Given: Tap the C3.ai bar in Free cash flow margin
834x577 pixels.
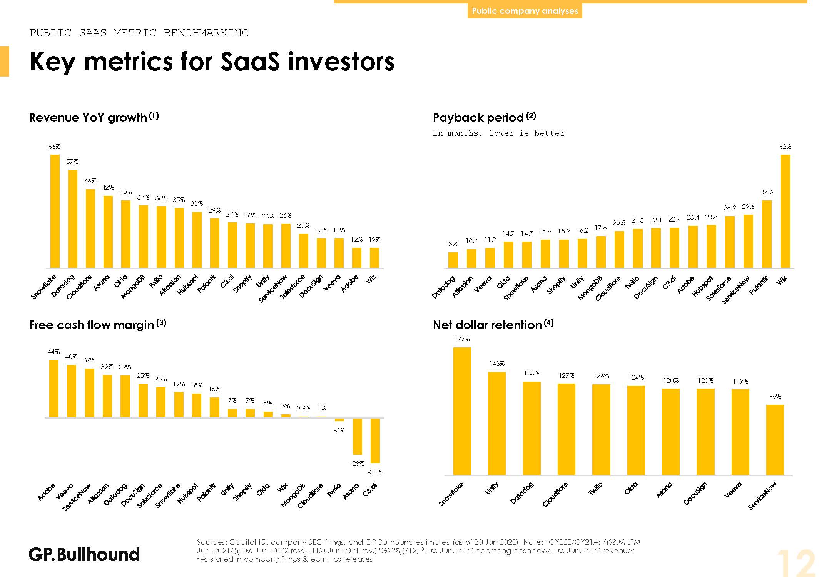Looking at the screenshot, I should pyautogui.click(x=375, y=440).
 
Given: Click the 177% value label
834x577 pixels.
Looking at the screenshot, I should pyautogui.click(x=462, y=339).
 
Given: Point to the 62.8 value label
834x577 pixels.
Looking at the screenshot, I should pyautogui.click(x=785, y=147).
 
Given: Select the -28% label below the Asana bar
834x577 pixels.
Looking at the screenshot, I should pyautogui.click(x=357, y=464).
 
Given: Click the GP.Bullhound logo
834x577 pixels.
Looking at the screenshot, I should pyautogui.click(x=84, y=554).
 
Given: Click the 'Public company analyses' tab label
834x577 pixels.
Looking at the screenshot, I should pyautogui.click(x=525, y=11).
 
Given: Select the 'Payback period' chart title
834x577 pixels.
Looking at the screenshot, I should pyautogui.click(x=478, y=117).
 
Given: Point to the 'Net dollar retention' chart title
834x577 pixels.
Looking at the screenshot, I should pyautogui.click(x=487, y=325).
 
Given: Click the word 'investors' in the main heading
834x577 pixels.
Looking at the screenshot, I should pyautogui.click(x=341, y=62).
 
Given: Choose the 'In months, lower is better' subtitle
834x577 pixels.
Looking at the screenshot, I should pyautogui.click(x=498, y=133).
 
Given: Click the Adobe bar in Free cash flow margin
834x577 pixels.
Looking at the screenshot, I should pyautogui.click(x=54, y=389).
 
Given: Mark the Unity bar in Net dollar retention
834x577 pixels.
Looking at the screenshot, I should pyautogui.click(x=496, y=423).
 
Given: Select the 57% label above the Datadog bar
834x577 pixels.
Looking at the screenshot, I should pyautogui.click(x=72, y=162).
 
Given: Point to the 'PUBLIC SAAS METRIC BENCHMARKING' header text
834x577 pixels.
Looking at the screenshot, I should pyautogui.click(x=139, y=33).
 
